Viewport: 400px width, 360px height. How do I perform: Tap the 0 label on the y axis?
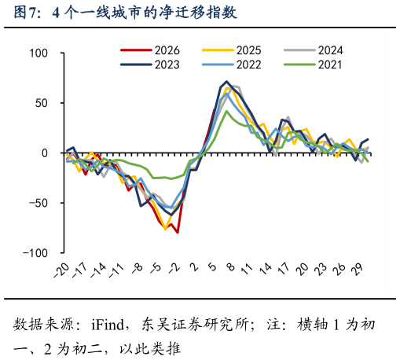(45, 153)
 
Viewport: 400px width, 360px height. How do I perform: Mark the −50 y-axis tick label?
(37, 204)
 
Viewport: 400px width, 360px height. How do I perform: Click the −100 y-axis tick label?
(35, 253)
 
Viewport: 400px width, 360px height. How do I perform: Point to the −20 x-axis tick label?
(61, 270)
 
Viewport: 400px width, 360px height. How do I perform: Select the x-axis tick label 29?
(359, 269)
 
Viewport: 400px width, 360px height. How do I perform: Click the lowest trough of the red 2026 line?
(178, 233)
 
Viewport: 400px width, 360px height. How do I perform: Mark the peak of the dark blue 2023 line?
(227, 82)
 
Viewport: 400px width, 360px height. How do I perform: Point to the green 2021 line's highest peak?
(227, 111)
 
